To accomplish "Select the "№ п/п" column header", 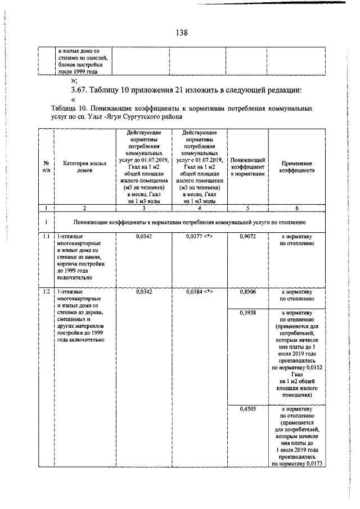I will coord(46,166).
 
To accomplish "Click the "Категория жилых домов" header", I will coord(84,166).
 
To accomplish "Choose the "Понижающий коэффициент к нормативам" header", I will coord(248,166).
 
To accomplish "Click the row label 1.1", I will coord(46,237).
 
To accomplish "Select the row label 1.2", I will coord(46,292).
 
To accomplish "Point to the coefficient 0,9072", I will coord(248,237).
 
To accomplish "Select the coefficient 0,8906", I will coord(248,292).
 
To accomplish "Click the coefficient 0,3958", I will coord(248,312).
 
